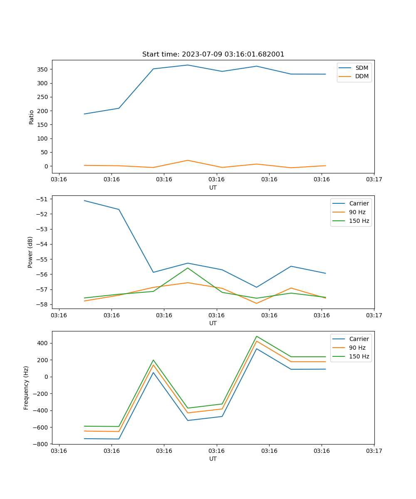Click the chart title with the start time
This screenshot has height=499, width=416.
(x=213, y=54)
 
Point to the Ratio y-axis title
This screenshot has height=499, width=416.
(x=32, y=117)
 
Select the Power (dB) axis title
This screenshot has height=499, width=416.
(x=30, y=252)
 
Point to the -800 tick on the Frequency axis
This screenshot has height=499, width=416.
(x=42, y=444)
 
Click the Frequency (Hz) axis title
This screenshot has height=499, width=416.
(x=26, y=388)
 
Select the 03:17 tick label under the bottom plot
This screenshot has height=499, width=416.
(x=374, y=451)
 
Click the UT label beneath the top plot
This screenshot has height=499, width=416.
(x=213, y=188)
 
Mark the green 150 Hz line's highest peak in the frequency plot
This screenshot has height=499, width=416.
(x=256, y=336)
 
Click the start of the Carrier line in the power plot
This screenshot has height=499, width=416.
(x=84, y=200)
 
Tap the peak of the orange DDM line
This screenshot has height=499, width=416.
(x=188, y=160)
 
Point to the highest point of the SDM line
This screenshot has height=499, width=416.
(x=188, y=65)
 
